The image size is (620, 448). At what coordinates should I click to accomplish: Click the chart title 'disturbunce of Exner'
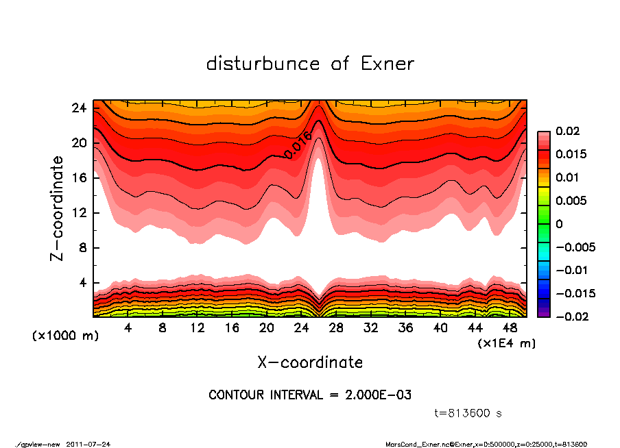click(310, 64)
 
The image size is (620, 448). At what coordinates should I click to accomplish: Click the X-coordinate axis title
click(310, 362)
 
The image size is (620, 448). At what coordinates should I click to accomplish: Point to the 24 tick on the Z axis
click(79, 108)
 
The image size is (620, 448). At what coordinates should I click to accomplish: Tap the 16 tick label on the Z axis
click(79, 178)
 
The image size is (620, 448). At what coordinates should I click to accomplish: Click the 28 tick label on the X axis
click(336, 327)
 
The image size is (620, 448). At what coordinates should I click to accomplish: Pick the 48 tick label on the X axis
click(510, 327)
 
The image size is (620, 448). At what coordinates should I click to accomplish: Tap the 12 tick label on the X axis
click(198, 327)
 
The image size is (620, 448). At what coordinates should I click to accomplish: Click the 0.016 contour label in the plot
click(298, 145)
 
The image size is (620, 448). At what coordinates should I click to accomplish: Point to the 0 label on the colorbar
click(559, 224)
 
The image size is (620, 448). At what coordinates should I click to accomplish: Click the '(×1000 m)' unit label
click(59, 336)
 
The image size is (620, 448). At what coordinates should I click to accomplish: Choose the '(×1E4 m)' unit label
click(507, 343)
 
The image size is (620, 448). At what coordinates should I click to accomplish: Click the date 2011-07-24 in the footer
click(88, 444)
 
